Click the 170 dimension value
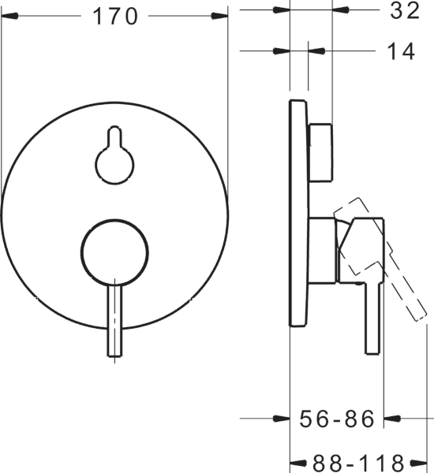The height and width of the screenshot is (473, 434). tap(115, 17)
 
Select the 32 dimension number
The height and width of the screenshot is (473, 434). tap(405, 10)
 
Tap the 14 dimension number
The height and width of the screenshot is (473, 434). tap(401, 51)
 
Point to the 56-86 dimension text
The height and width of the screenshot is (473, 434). tap(336, 419)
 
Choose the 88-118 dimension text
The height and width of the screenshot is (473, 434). tap(358, 463)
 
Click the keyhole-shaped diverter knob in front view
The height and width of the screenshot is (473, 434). tap(114, 155)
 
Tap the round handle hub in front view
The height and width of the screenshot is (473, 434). tap(114, 252)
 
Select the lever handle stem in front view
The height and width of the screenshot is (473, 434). tap(115, 320)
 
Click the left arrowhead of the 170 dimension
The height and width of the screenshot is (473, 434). tap(9, 16)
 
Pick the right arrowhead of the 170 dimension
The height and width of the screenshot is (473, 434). tap(219, 16)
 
